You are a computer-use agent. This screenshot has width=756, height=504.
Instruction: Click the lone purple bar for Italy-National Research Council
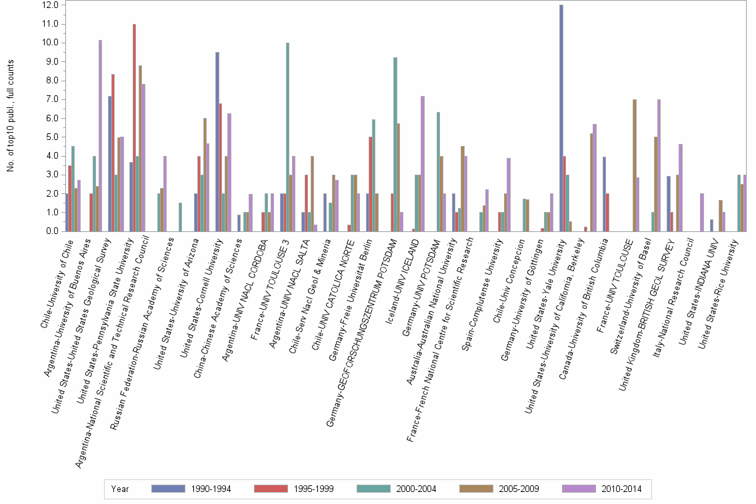click(x=702, y=213)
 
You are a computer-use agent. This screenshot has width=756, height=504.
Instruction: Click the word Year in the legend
click(x=121, y=489)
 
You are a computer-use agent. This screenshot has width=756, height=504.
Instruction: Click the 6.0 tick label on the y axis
click(x=52, y=118)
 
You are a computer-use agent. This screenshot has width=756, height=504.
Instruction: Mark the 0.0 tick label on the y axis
click(x=52, y=231)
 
